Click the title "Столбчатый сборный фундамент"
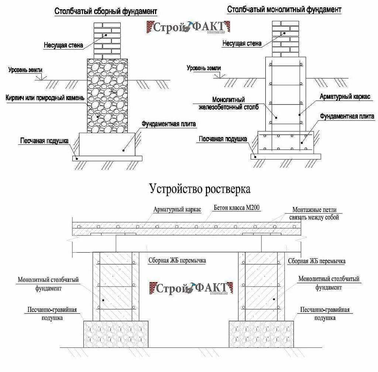tap(106, 12)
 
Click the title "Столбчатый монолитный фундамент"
tap(284, 10)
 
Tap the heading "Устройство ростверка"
tap(200, 189)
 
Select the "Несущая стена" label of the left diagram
tap(63, 45)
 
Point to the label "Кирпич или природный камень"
tap(45, 98)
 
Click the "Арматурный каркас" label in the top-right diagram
tap(345, 96)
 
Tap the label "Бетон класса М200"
tap(237, 208)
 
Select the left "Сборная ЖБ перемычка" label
tap(177, 260)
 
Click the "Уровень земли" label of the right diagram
tap(203, 68)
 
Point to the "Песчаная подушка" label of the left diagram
tap(44, 141)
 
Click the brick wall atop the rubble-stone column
tap(107, 40)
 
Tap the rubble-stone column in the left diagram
tap(108, 96)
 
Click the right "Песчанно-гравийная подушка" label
tap(324, 314)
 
